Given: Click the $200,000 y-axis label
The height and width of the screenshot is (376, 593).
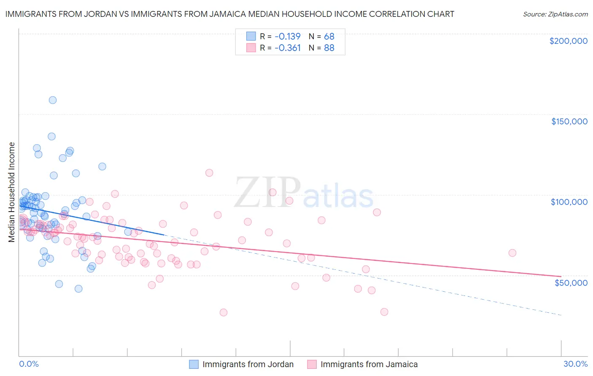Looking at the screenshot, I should point(568,41).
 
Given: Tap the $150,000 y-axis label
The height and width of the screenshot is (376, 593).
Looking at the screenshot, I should point(569,121).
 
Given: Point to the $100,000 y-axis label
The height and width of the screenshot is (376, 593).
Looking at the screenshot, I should point(569,202).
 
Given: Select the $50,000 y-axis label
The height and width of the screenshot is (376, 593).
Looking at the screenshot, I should point(571,282).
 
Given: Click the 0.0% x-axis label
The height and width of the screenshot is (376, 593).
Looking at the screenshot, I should point(29,364).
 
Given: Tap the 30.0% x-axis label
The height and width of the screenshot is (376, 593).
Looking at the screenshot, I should point(575,364).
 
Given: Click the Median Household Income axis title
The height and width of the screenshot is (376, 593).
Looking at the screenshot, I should point(11,192).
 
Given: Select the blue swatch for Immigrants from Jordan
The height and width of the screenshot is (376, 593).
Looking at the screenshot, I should point(194,364).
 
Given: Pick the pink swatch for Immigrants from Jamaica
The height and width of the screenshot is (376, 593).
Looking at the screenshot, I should point(312,364).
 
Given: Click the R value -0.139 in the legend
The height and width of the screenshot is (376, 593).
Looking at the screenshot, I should point(287,36).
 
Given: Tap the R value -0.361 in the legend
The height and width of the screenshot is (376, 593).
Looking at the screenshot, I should point(287,48).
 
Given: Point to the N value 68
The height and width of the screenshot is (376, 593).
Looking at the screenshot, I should point(329,36).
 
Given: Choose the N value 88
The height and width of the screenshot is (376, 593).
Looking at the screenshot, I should point(329,48).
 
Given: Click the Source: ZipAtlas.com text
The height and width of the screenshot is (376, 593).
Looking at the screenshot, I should point(555,14).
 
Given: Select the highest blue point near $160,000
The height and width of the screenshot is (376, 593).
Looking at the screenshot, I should point(53,100).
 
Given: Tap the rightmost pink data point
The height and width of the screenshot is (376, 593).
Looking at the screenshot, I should point(512,253).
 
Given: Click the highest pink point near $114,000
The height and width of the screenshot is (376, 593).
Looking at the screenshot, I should point(209,173).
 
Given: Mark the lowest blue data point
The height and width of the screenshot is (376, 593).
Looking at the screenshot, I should point(78,289).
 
